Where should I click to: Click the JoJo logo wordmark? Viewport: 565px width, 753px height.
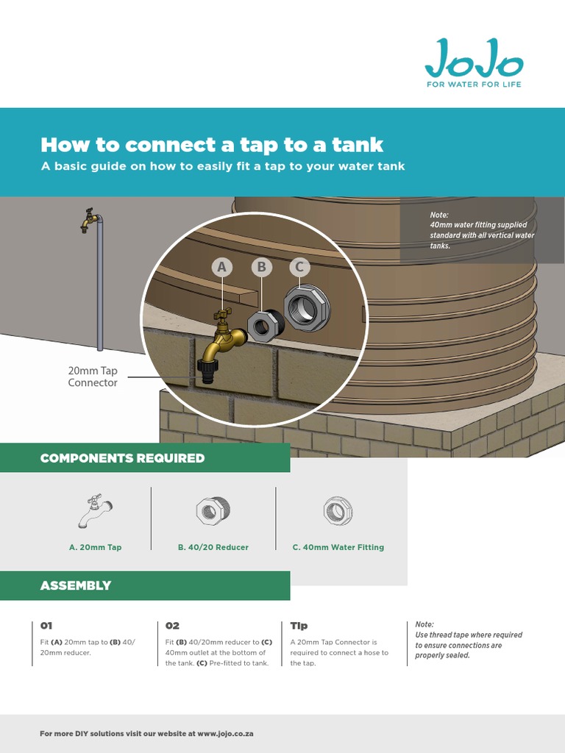[474, 59]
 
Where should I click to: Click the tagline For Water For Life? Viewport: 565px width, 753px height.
[475, 85]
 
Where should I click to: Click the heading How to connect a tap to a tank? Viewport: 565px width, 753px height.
[212, 143]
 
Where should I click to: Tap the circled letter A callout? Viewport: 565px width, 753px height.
[221, 268]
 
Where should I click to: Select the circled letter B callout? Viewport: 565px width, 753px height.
[260, 268]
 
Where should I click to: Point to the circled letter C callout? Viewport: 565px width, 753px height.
[299, 268]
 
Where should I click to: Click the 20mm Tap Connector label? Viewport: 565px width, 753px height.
[93, 377]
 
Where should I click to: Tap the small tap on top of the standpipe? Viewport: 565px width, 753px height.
[89, 219]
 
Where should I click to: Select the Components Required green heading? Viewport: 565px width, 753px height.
[122, 458]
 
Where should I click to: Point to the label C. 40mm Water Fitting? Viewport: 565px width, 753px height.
[338, 547]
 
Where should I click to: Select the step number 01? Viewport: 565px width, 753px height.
[46, 626]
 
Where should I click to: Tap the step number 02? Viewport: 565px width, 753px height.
[172, 626]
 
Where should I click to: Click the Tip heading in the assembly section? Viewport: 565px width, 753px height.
[299, 626]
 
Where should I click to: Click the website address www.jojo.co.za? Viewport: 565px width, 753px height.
[225, 734]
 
